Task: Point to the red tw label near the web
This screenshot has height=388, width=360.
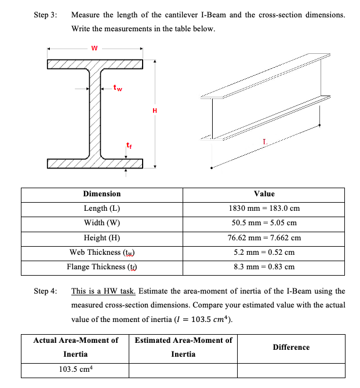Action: click(118, 89)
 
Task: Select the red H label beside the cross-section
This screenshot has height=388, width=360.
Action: click(154, 110)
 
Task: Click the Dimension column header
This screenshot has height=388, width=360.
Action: click(102, 194)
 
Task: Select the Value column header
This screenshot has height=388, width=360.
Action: click(264, 194)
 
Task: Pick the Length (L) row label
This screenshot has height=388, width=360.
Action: click(102, 208)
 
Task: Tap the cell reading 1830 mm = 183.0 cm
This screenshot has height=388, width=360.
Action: click(264, 208)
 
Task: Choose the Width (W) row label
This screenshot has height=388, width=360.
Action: click(102, 223)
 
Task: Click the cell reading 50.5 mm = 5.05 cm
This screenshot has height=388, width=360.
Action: click(264, 223)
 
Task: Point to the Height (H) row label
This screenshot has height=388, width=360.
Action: click(102, 237)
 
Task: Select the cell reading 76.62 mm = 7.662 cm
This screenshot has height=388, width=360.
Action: click(264, 237)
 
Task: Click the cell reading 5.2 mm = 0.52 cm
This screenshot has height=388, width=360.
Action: click(264, 252)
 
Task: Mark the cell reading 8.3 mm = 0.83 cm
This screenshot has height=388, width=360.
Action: click(264, 267)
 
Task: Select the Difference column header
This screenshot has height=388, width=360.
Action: click(291, 347)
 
